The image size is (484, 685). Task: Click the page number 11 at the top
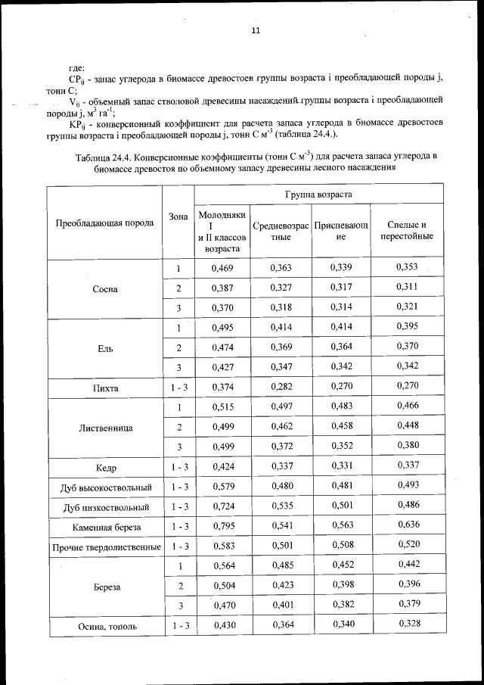click(256, 30)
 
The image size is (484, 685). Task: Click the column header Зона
click(178, 216)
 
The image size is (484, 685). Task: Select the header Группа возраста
click(318, 195)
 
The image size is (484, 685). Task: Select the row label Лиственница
click(105, 428)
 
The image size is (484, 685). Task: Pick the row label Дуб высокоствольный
click(105, 487)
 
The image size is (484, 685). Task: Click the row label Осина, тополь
click(105, 626)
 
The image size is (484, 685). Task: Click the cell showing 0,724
click(223, 506)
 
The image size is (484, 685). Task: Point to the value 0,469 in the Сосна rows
click(223, 269)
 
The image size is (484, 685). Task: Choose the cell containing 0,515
click(223, 407)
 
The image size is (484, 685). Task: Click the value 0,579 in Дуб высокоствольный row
click(223, 487)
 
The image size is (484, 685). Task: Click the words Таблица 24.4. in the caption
click(104, 157)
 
